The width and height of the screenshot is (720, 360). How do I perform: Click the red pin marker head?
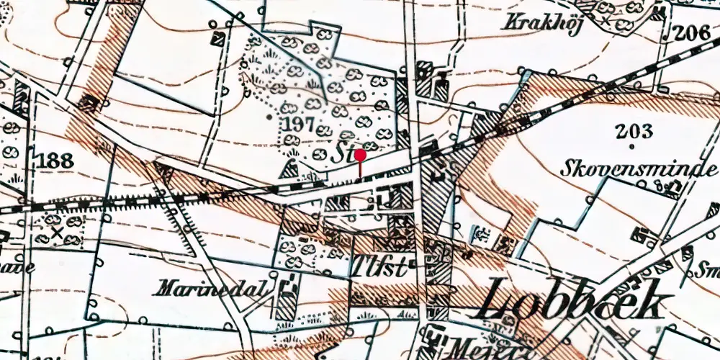360,154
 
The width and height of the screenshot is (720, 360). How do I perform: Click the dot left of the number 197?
269,115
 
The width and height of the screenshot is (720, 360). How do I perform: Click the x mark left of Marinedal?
56,233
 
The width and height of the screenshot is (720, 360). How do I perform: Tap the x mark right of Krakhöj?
606,22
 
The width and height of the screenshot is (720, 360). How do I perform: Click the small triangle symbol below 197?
290,169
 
